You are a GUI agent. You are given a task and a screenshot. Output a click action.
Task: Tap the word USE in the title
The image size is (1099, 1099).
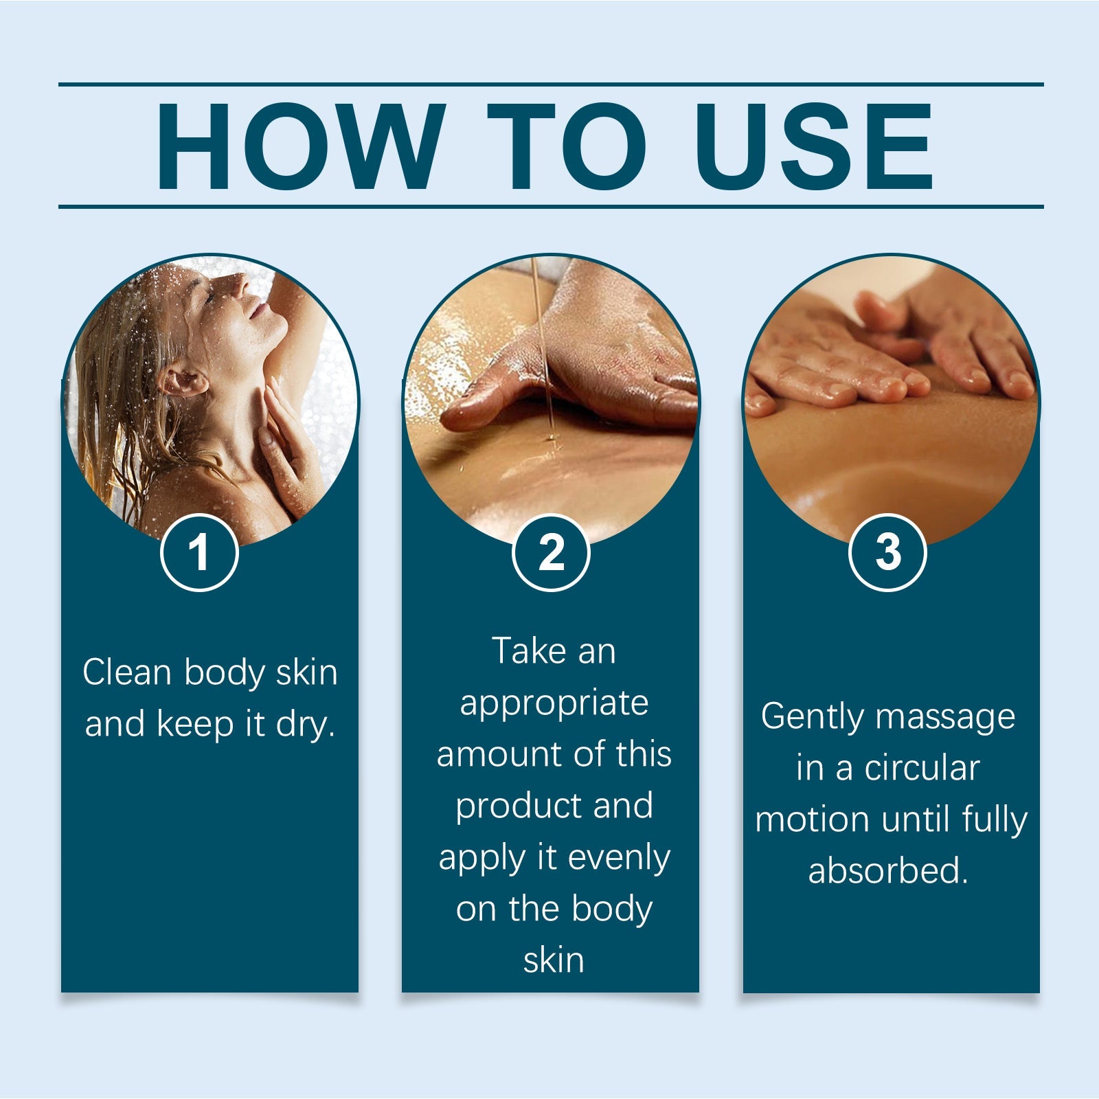pos(817,146)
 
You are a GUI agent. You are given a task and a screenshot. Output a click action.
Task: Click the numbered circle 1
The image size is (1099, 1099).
pos(199,552)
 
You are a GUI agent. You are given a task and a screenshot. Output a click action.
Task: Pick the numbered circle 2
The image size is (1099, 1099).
pos(551,552)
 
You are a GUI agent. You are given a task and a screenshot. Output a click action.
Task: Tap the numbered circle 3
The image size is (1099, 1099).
pos(887,552)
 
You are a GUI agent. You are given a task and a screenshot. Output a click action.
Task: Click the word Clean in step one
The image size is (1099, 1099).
pos(126,672)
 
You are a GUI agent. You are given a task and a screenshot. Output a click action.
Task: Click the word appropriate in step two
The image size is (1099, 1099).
pos(554,703)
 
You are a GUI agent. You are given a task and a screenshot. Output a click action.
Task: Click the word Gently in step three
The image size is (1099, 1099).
pos(811,717)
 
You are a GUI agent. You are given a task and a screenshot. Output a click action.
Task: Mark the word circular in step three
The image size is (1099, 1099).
pos(922,768)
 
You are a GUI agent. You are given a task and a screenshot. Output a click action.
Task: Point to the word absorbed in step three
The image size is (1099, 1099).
pos(887,871)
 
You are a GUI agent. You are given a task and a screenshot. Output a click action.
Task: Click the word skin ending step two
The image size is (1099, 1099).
pos(553,960)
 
